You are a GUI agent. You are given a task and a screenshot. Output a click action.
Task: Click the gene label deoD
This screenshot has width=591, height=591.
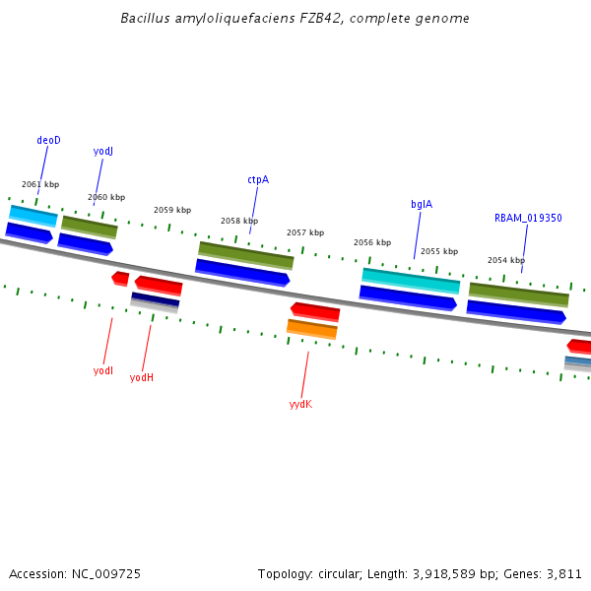point(48,140)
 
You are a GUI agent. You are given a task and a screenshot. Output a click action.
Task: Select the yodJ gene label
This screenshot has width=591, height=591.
point(103,151)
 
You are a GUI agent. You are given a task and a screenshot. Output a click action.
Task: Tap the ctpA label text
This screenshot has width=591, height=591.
point(258,179)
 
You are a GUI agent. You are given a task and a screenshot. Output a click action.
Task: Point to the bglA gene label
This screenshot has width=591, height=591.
point(422,204)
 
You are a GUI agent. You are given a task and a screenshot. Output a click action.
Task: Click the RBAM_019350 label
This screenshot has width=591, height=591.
point(528,218)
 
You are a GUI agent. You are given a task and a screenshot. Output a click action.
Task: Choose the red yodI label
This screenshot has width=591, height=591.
point(103,370)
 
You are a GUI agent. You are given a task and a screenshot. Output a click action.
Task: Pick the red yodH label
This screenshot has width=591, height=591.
point(142,377)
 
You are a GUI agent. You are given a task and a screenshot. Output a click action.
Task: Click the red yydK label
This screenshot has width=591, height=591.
point(300,404)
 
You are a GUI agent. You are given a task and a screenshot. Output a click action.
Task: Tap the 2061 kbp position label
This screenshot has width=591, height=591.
point(40,184)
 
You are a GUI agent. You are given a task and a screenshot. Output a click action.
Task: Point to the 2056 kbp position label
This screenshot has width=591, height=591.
point(372,242)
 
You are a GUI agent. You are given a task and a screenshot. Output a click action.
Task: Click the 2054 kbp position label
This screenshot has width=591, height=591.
point(506,260)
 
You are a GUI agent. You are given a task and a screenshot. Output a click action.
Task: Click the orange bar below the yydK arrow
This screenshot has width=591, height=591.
point(312,328)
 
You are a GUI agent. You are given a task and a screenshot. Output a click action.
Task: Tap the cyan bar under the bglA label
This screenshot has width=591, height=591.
point(411,280)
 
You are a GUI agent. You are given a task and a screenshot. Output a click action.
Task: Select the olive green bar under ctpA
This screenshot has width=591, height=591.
point(246,254)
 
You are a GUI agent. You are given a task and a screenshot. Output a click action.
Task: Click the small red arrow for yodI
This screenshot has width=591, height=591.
point(120,279)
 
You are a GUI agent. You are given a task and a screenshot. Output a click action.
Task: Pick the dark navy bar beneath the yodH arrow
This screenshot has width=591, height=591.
point(156,298)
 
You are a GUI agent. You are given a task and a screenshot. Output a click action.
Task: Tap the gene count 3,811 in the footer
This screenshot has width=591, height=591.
point(563,573)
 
